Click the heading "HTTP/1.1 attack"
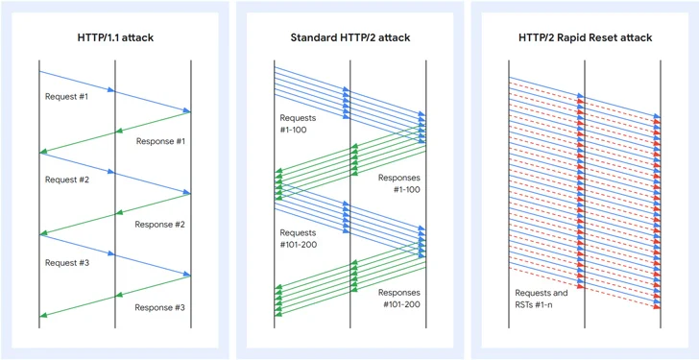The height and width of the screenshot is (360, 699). point(114,37)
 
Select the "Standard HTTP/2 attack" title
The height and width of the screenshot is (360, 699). point(349,37)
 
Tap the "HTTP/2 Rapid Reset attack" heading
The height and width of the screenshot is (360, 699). point(585,37)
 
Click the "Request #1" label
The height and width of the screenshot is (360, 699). point(66,97)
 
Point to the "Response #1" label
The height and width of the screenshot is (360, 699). point(159,141)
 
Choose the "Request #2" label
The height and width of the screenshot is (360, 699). point(66,180)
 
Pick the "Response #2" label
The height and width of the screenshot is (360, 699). point(159,225)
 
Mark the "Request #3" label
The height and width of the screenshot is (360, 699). point(66,261)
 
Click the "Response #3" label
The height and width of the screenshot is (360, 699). point(159,307)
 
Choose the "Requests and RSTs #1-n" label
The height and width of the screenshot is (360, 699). point(540,299)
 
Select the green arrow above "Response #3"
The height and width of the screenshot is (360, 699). point(115,296)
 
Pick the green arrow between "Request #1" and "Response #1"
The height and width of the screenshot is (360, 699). point(115,132)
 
